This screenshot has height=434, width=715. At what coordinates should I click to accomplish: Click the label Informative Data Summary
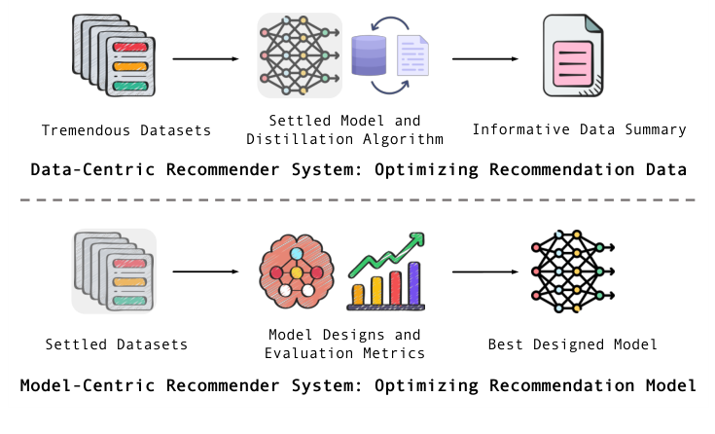click(x=579, y=129)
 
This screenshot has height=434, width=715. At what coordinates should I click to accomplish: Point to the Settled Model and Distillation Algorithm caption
click(x=359, y=129)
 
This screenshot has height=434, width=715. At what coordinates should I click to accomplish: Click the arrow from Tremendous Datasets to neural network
click(x=205, y=59)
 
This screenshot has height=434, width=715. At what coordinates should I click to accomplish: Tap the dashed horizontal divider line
click(x=357, y=200)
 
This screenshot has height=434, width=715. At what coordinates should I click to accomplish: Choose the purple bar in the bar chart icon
click(x=414, y=282)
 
